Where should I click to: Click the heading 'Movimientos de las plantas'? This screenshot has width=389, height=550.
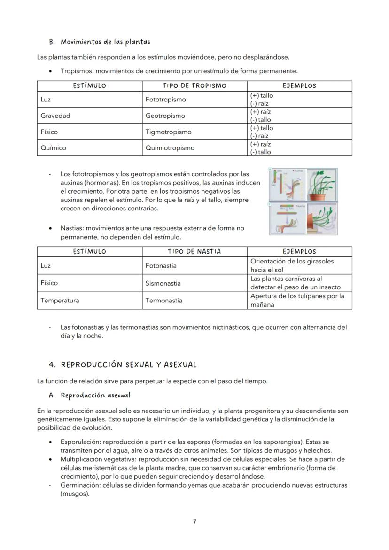(x=105, y=42)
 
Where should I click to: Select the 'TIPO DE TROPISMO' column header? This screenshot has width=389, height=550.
(x=194, y=86)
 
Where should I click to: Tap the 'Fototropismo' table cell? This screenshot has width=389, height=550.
(x=165, y=100)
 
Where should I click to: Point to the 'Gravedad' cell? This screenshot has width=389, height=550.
(x=55, y=116)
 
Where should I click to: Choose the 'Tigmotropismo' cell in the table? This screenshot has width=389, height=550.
(x=168, y=132)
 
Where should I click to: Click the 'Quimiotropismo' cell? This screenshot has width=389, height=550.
(x=170, y=148)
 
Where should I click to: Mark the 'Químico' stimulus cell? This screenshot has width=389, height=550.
(x=53, y=148)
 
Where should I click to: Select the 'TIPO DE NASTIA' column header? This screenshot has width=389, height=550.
(x=194, y=252)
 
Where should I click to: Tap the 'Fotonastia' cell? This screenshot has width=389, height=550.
(x=161, y=266)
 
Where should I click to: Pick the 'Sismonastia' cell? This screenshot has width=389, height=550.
(x=163, y=283)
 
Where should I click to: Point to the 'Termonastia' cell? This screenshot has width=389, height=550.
(x=163, y=301)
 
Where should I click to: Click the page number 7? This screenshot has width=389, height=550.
(x=194, y=522)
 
